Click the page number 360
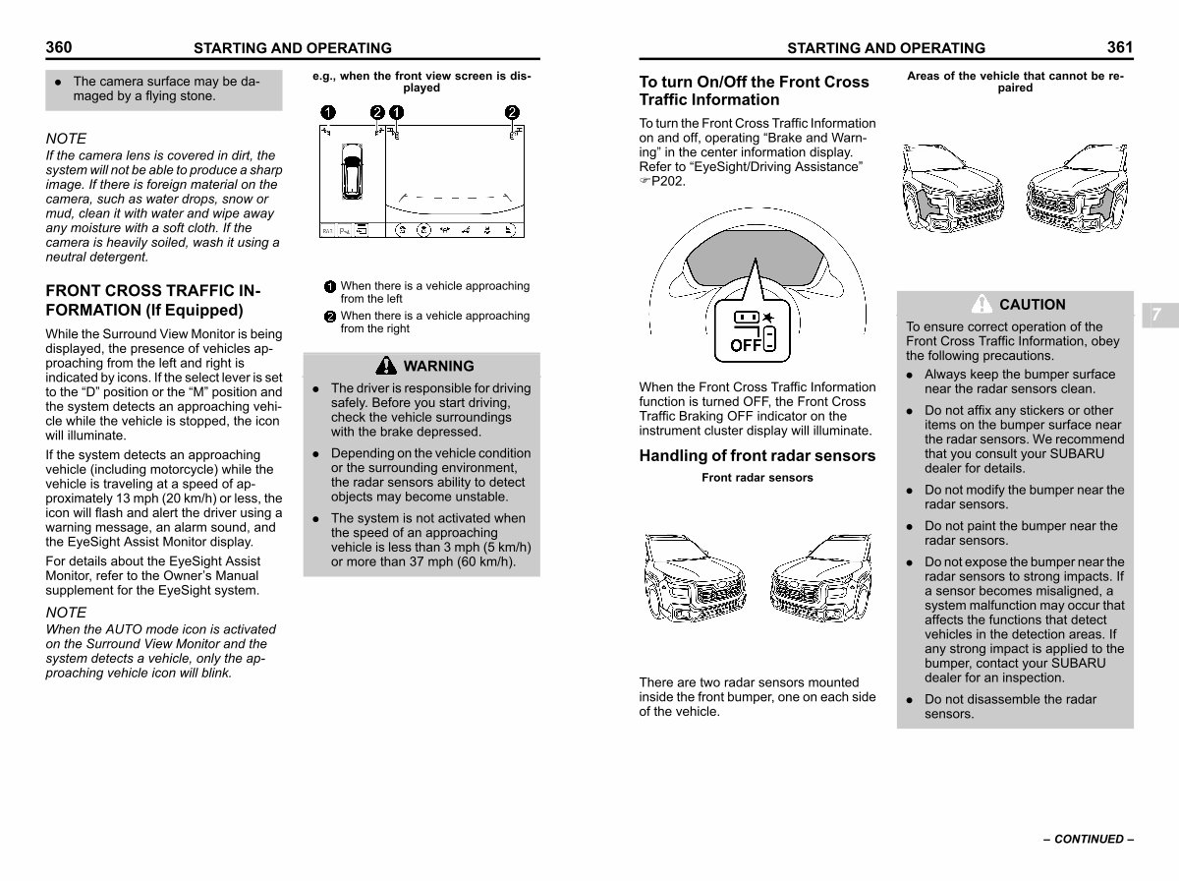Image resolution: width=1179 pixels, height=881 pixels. tap(59, 47)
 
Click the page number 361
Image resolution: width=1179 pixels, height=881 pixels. tap(1120, 47)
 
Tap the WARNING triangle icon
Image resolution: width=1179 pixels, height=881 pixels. tap(386, 366)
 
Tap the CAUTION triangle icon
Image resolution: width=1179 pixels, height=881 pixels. tap(982, 304)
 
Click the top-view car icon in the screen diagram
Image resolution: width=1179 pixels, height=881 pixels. tap(352, 171)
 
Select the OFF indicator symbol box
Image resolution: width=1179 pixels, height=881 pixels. tap(753, 330)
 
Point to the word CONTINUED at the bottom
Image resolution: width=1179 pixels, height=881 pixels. tap(1089, 839)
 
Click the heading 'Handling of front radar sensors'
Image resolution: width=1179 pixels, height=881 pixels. tap(757, 456)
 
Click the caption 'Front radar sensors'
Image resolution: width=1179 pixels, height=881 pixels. tap(758, 477)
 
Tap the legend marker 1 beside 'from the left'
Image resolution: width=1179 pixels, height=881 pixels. tap(330, 286)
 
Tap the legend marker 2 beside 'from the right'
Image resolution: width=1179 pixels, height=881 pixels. tap(330, 317)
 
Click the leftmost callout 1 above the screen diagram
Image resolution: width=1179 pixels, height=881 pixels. tap(328, 112)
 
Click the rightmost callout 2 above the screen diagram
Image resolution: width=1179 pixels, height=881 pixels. tap(512, 112)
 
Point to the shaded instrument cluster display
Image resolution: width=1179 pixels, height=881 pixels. tap(755, 257)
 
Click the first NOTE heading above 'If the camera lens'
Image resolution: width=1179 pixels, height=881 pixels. tap(66, 139)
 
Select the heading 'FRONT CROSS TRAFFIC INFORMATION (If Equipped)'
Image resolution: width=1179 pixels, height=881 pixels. tap(153, 300)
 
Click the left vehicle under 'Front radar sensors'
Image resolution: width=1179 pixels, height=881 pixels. tap(695, 578)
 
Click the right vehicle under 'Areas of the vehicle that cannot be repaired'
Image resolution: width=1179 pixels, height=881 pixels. tap(1077, 188)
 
